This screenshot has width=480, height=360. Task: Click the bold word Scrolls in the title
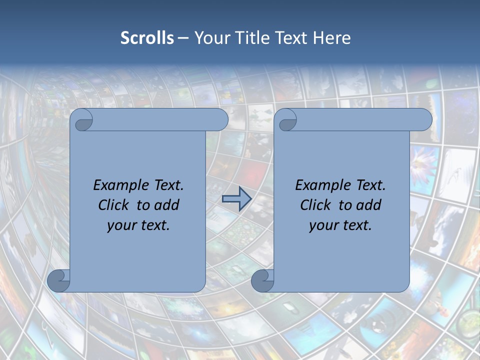coord(147,38)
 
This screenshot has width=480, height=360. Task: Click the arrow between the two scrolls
coord(236,199)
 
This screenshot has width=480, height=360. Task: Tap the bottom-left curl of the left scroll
coord(58,280)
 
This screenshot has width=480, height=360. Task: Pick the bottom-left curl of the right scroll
coord(262,280)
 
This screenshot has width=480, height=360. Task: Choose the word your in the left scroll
coord(120,225)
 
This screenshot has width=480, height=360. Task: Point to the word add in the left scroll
coord(167,205)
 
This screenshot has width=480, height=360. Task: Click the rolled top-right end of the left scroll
coord(219,120)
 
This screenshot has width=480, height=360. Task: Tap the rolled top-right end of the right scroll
coord(423,120)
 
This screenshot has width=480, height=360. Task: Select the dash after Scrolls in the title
coord(183,38)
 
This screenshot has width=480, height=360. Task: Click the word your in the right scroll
coord(322,225)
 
